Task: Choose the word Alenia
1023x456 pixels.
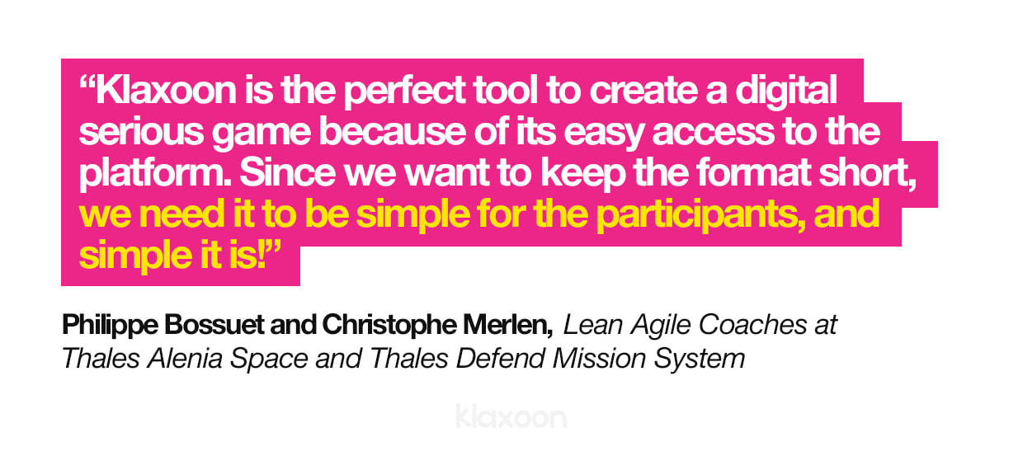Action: (x=179, y=360)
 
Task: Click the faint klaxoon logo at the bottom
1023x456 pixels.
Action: (x=511, y=416)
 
